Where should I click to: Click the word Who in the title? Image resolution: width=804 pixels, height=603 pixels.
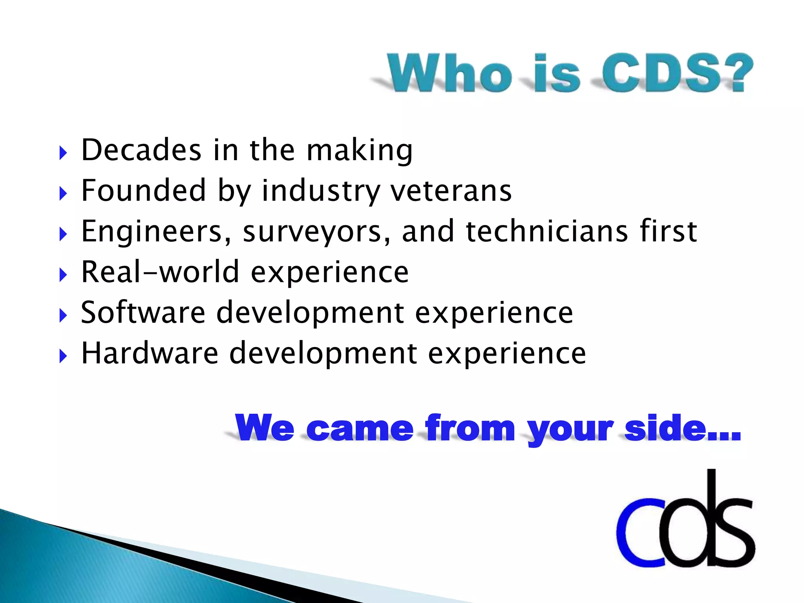[450, 73]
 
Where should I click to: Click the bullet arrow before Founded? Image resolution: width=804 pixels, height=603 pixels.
[63, 194]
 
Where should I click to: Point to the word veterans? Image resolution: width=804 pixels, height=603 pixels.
[451, 191]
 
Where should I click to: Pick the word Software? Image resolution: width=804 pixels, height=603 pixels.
[143, 312]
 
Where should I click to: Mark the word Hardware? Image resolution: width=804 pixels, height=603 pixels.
[150, 353]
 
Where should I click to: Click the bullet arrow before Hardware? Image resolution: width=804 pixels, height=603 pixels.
[63, 356]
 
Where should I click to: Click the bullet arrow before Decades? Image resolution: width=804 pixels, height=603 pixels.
[63, 153]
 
